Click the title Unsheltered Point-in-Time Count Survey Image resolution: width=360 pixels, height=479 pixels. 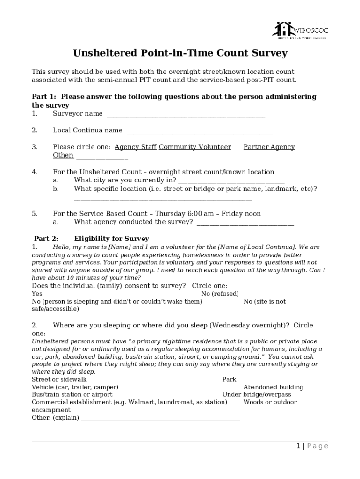(x=180, y=53)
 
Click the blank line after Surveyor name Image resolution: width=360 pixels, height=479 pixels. (x=186, y=114)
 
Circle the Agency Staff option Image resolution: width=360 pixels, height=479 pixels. (x=135, y=147)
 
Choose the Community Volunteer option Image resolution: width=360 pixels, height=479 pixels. (x=195, y=147)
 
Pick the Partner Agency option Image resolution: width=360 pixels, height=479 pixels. (x=269, y=147)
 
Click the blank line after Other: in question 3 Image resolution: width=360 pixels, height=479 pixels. (x=102, y=156)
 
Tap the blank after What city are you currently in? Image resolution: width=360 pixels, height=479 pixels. (x=231, y=181)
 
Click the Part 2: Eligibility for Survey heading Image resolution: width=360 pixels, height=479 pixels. (x=92, y=239)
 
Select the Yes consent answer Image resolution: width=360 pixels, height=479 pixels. (x=37, y=294)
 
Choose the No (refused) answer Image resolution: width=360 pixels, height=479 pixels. (x=220, y=294)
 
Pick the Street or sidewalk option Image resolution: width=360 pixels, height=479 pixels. (x=59, y=379)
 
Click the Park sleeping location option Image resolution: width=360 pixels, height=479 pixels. (x=229, y=379)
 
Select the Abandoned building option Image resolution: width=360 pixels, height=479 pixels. (x=273, y=387)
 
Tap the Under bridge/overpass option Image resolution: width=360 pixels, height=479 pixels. (x=256, y=394)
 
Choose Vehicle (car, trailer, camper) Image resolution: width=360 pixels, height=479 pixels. (x=75, y=387)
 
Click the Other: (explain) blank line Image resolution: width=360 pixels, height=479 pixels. (x=160, y=418)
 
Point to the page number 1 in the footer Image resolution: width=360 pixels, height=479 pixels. (x=298, y=446)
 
